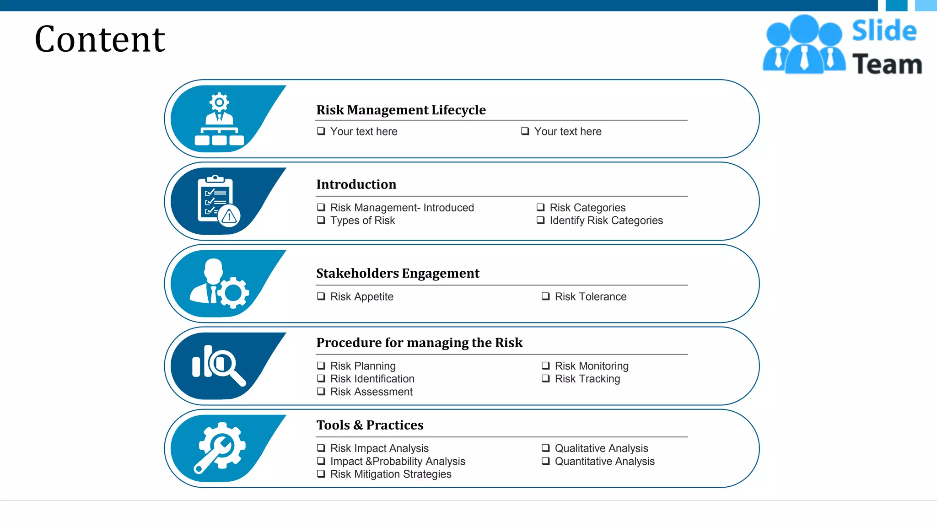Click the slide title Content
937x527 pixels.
click(100, 39)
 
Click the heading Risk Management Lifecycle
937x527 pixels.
click(401, 110)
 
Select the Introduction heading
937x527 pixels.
click(356, 184)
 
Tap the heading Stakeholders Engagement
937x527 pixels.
click(398, 273)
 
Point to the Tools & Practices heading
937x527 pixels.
click(370, 425)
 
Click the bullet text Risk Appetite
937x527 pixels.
click(361, 296)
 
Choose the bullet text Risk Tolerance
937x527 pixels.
click(590, 296)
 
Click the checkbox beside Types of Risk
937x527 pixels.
click(321, 220)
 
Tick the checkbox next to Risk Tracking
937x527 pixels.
click(545, 378)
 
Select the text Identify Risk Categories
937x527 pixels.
click(606, 220)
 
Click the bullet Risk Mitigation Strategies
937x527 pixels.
click(390, 474)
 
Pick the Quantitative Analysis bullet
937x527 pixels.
click(604, 461)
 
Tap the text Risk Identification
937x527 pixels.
click(372, 379)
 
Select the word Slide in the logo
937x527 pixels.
click(884, 31)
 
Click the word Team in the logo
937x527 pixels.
click(887, 64)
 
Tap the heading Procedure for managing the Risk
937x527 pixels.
click(419, 343)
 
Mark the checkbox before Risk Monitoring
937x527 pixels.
click(545, 366)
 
